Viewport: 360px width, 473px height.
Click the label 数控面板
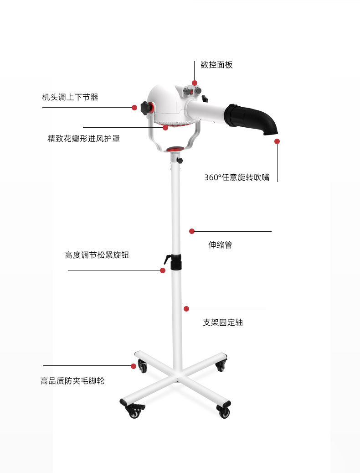[216, 65]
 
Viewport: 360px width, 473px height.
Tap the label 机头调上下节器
[70, 97]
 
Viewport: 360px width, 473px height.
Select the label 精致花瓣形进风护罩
[84, 139]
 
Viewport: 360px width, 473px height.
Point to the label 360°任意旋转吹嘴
[237, 177]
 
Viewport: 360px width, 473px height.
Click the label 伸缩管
[220, 244]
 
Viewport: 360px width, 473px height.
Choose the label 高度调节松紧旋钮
[97, 255]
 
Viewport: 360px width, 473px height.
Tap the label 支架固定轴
[223, 322]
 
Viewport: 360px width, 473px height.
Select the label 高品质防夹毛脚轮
[72, 381]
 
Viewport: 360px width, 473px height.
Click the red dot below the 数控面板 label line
[195, 83]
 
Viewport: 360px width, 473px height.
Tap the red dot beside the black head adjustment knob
[135, 108]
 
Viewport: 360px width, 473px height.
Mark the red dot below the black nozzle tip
[277, 141]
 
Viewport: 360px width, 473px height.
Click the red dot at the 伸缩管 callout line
[192, 231]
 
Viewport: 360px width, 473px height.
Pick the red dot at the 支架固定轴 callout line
[186, 309]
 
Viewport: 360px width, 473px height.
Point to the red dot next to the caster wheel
[134, 366]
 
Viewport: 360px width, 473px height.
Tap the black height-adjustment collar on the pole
[176, 262]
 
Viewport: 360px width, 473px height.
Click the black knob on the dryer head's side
[145, 108]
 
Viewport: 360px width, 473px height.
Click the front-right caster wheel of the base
[224, 411]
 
